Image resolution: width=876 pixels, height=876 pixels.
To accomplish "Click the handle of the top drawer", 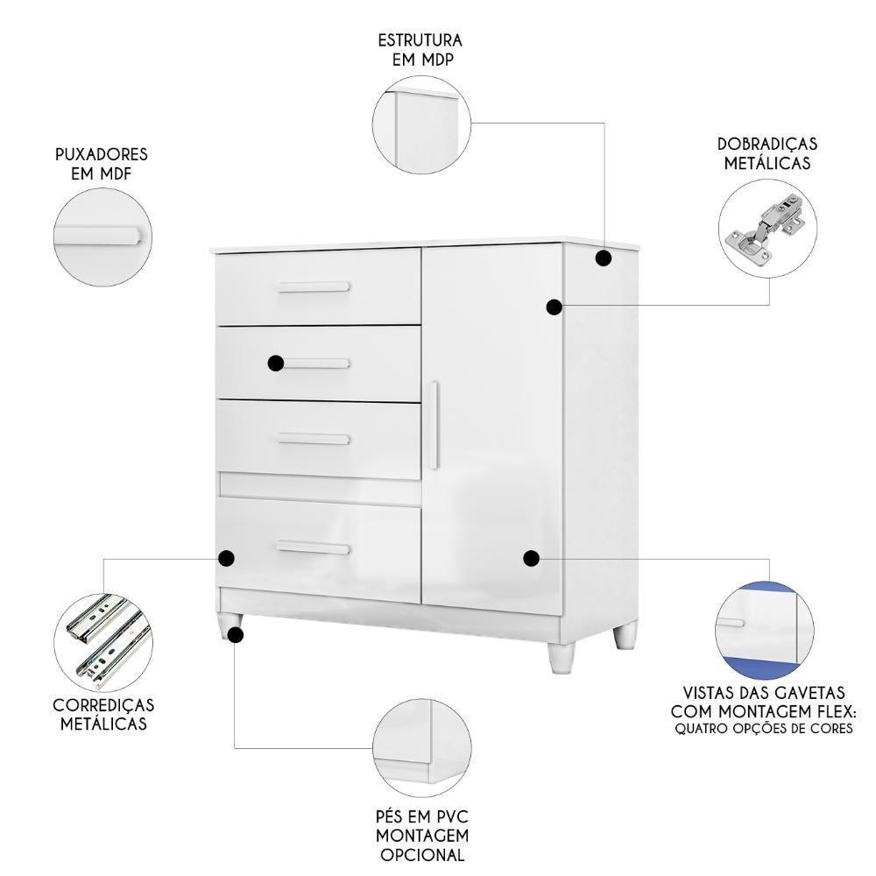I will (314, 287).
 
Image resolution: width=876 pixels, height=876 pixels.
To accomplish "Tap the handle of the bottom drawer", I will (314, 548).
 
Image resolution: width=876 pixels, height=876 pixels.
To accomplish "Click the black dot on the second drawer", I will (276, 363).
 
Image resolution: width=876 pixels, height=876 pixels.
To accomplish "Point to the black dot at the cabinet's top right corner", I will (603, 258).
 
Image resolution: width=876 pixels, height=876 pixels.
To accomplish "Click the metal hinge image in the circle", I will (766, 233).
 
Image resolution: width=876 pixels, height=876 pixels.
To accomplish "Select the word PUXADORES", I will (101, 154).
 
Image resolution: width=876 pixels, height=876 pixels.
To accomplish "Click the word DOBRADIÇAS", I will (766, 144).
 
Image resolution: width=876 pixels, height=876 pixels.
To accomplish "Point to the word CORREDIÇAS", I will (103, 705).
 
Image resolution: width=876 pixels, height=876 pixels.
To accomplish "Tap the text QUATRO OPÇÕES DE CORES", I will (764, 728).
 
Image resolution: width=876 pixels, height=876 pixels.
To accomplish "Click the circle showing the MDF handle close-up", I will (101, 237).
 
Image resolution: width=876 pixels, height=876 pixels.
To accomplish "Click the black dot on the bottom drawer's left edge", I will (226, 557).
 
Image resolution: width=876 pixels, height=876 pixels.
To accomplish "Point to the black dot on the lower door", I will (530, 557).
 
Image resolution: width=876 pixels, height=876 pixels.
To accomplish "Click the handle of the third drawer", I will (314, 440).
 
